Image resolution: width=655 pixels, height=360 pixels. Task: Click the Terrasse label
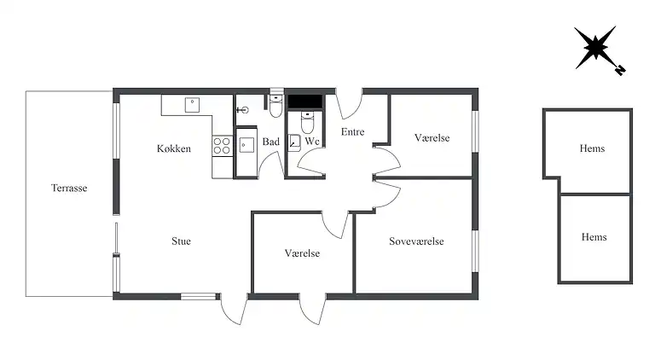69,188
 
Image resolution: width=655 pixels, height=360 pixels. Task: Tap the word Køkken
174,148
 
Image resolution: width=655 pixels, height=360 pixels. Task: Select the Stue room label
181,241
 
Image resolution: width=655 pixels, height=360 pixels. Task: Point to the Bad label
270,142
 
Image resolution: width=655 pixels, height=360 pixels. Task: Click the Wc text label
312,141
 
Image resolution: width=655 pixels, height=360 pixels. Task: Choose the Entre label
352,132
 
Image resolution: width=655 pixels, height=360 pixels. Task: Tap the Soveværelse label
416,241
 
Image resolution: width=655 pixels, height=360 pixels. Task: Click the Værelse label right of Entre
432,138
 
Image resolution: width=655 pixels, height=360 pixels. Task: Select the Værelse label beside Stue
302,253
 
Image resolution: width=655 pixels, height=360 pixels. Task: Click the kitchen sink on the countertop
192,105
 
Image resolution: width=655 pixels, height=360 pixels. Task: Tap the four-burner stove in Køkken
222,146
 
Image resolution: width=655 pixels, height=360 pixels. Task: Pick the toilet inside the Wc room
307,121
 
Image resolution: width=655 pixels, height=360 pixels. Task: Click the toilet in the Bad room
275,106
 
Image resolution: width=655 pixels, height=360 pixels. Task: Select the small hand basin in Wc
294,142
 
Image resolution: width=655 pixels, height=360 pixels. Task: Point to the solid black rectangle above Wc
305,102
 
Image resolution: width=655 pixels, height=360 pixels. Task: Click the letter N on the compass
620,70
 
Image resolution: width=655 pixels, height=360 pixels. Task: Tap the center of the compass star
594,47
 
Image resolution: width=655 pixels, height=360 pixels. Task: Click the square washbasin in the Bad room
246,145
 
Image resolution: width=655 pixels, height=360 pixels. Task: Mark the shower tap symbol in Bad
243,110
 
